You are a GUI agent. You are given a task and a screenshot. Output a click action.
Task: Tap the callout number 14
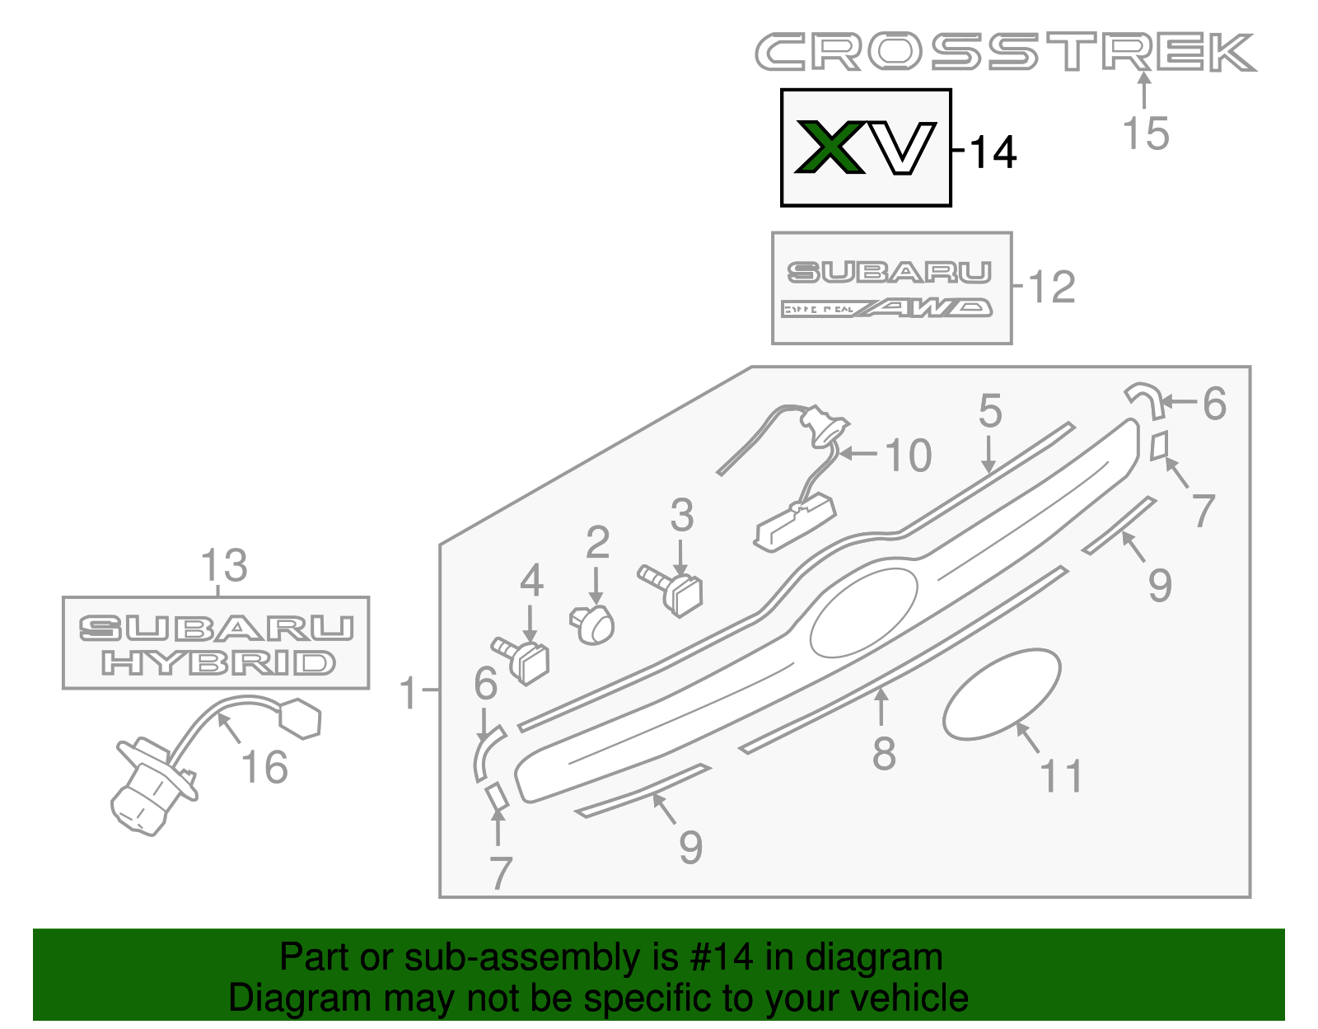(x=993, y=152)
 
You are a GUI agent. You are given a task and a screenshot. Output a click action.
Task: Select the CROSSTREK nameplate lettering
(x=1005, y=53)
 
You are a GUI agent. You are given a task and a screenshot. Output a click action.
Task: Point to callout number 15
(x=1145, y=133)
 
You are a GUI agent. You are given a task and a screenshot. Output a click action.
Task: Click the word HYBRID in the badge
(x=218, y=663)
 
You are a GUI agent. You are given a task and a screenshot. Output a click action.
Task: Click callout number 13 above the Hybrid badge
(x=223, y=566)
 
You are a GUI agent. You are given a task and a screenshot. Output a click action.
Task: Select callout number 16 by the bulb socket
(x=264, y=768)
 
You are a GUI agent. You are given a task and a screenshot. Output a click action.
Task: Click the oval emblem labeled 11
(x=1001, y=694)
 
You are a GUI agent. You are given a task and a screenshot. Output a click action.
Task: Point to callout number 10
(x=908, y=456)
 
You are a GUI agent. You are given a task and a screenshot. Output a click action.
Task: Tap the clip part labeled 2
(x=593, y=625)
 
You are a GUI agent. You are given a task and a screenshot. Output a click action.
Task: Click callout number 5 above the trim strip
(x=990, y=410)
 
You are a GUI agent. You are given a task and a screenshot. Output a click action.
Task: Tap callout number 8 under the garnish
(x=884, y=753)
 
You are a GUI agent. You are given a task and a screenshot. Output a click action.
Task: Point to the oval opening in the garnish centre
(x=863, y=611)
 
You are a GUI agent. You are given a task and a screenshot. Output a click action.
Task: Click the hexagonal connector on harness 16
(x=300, y=718)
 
